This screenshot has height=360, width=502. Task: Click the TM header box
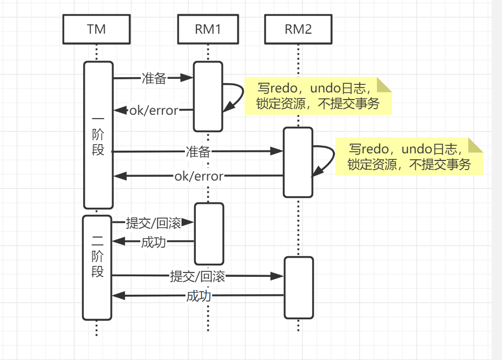[96, 29]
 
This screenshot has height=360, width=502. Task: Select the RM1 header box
[208, 29]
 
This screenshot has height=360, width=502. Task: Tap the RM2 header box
[298, 29]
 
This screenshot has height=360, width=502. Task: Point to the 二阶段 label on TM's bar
[98, 256]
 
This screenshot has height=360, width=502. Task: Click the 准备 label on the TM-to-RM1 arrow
[153, 78]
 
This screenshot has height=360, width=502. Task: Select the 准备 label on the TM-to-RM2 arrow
[197, 152]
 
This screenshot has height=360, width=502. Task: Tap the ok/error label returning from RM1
[153, 110]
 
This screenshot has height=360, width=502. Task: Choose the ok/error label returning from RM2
[199, 176]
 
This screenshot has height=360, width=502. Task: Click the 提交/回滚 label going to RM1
[153, 222]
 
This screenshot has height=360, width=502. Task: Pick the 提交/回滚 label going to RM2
[197, 276]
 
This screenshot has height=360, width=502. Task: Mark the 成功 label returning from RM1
[153, 242]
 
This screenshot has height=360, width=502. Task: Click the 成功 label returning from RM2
[199, 296]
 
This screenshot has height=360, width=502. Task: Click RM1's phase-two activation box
[209, 233]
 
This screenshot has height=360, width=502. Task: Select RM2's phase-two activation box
[299, 287]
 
